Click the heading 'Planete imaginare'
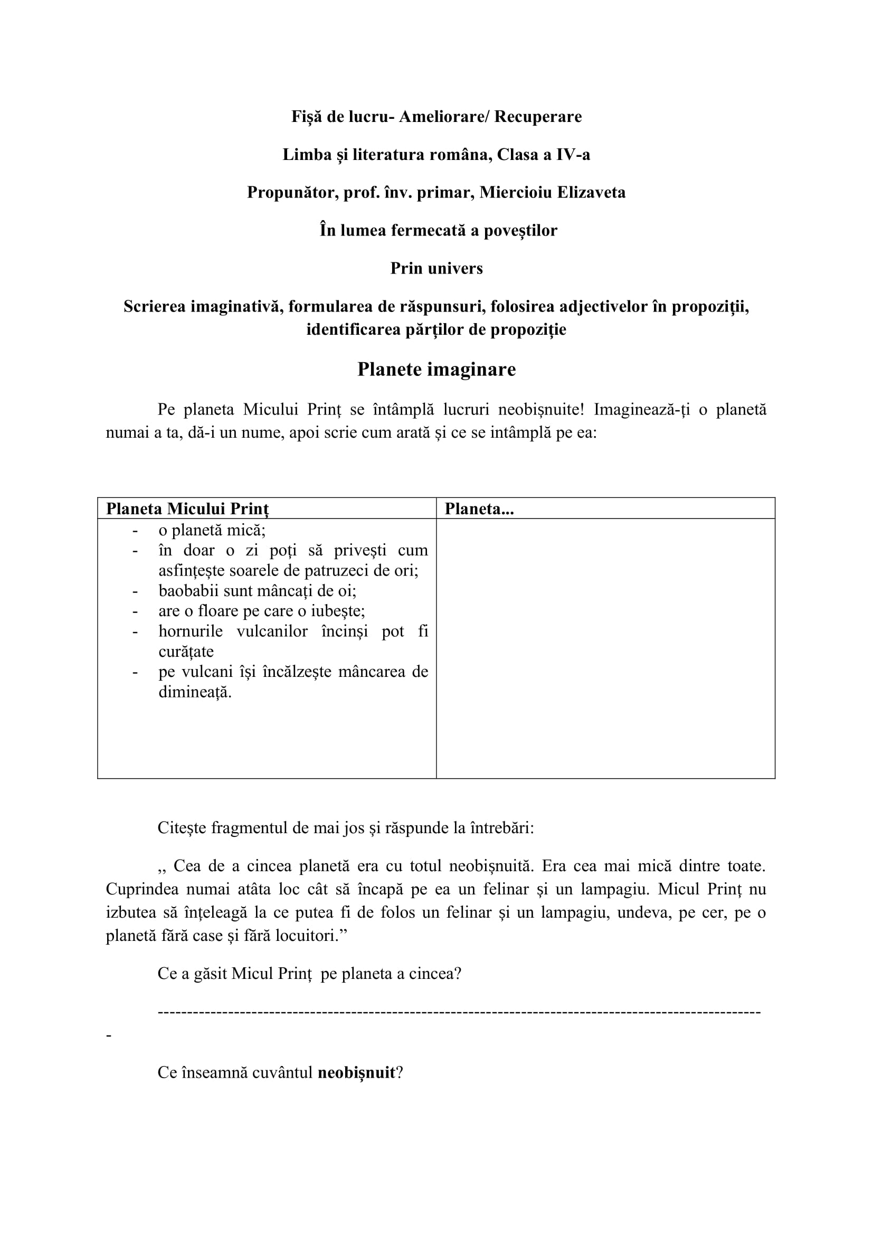(x=436, y=370)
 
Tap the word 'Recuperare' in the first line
(x=537, y=117)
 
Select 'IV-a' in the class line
(x=574, y=155)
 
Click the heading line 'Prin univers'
(x=436, y=268)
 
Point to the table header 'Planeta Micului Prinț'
(x=187, y=509)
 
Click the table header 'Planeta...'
(x=479, y=509)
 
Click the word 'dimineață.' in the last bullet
(x=195, y=692)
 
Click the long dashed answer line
(x=459, y=1013)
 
